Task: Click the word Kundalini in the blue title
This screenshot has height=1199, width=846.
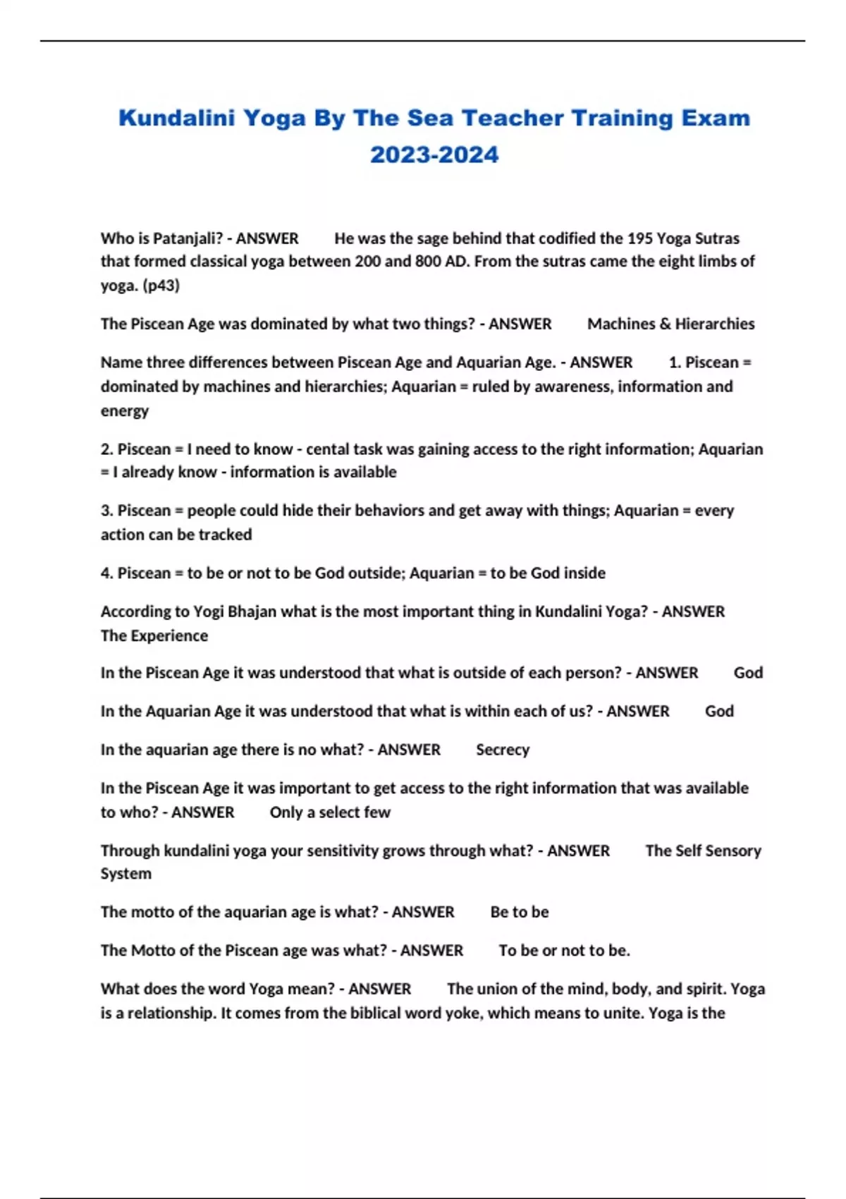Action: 176,118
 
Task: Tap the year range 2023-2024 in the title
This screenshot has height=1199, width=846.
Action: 434,154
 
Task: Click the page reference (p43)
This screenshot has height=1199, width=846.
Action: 161,286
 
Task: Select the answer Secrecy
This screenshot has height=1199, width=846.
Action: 502,750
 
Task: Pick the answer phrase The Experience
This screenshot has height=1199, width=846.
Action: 154,635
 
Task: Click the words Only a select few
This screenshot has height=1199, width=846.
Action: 329,812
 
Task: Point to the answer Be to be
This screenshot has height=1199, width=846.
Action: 519,912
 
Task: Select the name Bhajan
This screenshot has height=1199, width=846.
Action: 252,611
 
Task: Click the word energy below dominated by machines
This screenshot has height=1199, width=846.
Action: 124,411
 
